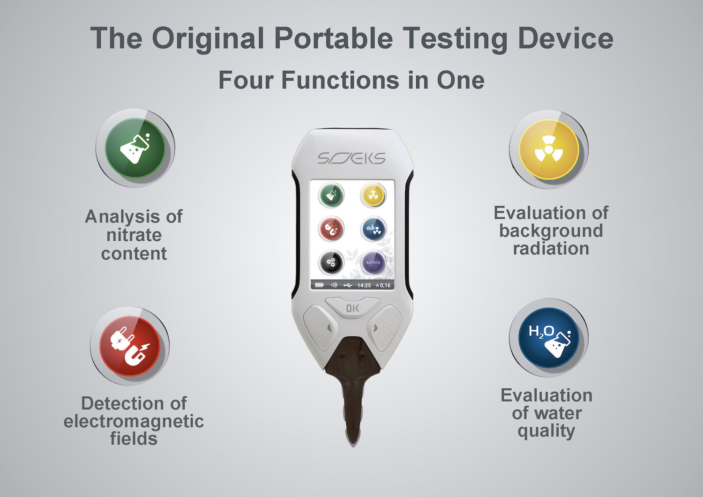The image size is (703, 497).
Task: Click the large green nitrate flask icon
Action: (135, 148)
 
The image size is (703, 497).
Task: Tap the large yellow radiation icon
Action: (549, 149)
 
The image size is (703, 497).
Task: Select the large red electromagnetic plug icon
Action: (130, 346)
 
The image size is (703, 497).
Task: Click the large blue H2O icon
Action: (549, 338)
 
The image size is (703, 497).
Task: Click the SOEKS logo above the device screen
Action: (351, 158)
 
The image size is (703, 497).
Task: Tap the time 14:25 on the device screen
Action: (364, 285)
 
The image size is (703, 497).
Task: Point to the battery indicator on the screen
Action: (319, 285)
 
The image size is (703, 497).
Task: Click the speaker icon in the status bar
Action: (334, 285)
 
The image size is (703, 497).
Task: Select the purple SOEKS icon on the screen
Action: (373, 262)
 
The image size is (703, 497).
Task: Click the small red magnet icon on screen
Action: (331, 229)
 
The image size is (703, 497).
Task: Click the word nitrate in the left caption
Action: (134, 235)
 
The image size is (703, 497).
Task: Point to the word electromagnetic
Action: (134, 422)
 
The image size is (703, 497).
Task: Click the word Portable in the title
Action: (334, 38)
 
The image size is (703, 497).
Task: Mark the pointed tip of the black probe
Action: (352, 445)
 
